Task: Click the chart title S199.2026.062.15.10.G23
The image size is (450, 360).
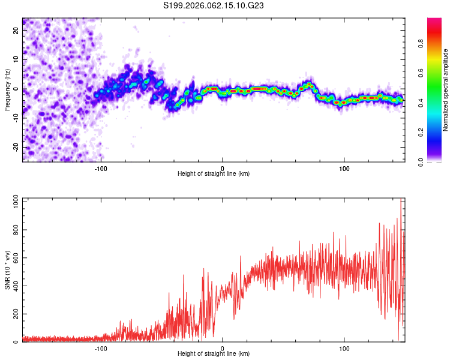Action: tap(214, 5)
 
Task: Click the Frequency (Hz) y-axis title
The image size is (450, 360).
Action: tap(7, 89)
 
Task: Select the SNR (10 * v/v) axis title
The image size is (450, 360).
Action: tap(7, 269)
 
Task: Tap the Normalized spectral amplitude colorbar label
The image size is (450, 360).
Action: tap(446, 90)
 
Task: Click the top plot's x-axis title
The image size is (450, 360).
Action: tap(214, 173)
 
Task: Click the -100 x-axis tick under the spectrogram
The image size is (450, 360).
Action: tap(100, 168)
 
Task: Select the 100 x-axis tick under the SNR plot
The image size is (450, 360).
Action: tap(344, 348)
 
